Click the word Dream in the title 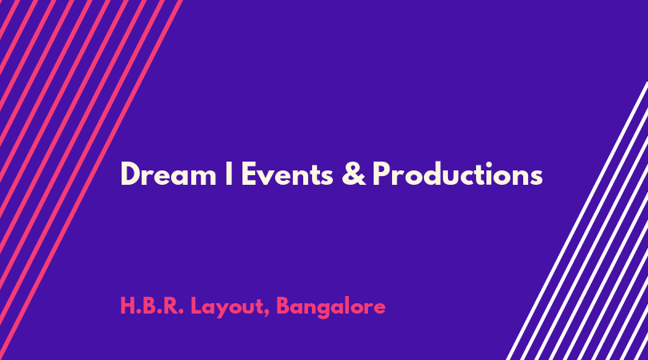168,174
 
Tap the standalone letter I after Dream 229,174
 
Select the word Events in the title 287,174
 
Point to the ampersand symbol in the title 354,174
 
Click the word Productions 458,174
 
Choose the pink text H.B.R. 152,306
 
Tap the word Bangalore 330,307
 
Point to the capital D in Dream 130,174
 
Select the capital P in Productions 382,174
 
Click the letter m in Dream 202,178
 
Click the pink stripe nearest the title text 90,180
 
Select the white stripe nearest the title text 578,221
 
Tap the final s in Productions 536,178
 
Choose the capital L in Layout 196,306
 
